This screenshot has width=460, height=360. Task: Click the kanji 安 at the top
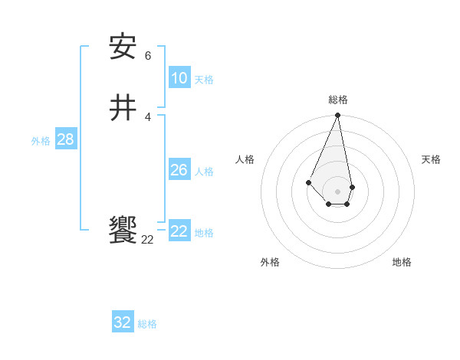coord(123,47)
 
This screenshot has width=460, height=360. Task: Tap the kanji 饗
coord(123,231)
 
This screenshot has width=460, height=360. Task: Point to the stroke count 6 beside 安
coord(148,56)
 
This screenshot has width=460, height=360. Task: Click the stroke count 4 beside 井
coord(148,116)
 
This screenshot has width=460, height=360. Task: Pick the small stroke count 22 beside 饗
coord(148,240)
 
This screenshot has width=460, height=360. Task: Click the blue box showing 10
coord(179,78)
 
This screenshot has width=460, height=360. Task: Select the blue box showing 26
coord(179,170)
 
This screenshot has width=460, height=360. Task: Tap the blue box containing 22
coord(179,231)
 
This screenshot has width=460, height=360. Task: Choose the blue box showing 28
coord(65,139)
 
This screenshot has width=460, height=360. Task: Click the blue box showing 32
coord(123,322)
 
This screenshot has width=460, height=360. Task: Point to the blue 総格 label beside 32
coord(147,324)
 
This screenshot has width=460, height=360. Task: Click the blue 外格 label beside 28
coord(41,141)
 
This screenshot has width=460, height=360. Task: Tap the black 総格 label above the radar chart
coord(338,100)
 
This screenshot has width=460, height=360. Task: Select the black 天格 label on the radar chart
coord(432,159)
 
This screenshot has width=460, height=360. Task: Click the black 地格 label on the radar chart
coord(402,262)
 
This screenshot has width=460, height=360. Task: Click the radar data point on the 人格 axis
coord(308,182)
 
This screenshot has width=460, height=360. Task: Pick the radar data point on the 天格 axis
coord(352,187)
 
